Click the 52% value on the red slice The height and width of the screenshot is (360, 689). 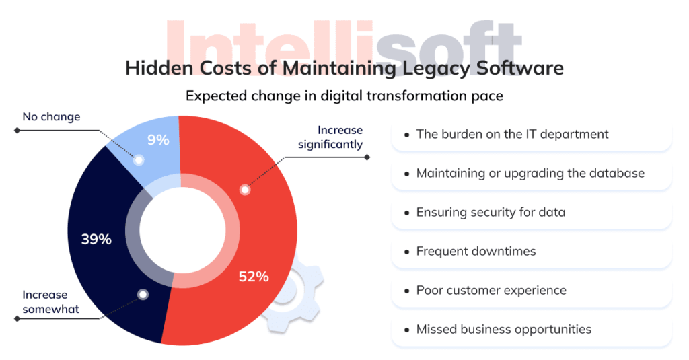[x=254, y=276]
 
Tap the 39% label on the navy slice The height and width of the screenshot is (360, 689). [x=96, y=239]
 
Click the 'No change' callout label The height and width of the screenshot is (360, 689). [x=51, y=117]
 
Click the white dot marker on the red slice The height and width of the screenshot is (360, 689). [x=245, y=190]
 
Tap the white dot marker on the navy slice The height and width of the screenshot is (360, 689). [x=143, y=295]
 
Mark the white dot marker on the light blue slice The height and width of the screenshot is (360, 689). [x=139, y=160]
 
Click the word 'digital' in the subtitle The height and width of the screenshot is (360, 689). [x=332, y=96]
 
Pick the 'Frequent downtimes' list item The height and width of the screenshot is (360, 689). [x=476, y=251]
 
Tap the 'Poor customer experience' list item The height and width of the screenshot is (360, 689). [x=491, y=290]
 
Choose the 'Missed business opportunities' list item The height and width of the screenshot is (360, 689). [x=503, y=329]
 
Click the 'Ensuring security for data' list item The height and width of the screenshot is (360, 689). [x=491, y=212]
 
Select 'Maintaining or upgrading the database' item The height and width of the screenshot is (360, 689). [x=530, y=173]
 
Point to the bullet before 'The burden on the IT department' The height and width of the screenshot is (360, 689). [x=406, y=135]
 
